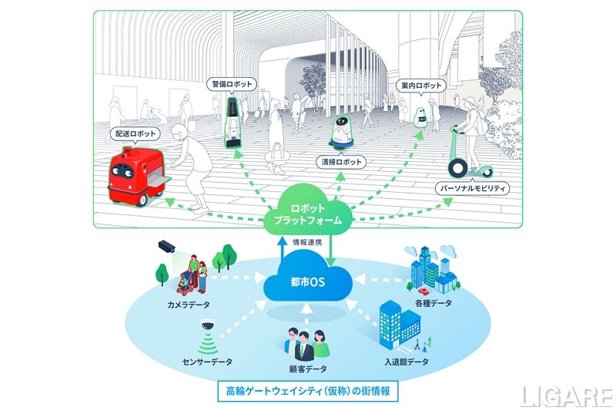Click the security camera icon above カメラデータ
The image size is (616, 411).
coord(167,246)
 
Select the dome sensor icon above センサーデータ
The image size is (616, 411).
coord(207,330)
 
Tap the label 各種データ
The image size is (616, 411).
coord(433,303)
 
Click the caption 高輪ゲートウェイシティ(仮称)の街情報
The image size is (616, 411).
coord(308,391)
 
